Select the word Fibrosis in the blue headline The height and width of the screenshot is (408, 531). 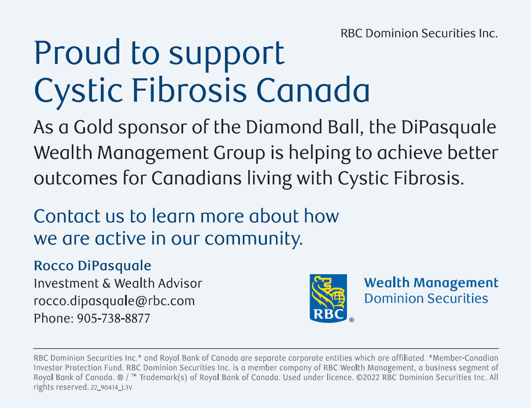pos(190,89)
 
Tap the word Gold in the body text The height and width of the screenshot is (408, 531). pos(93,127)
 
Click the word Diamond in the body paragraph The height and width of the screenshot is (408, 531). pos(284,127)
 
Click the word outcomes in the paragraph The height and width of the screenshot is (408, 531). pos(75,179)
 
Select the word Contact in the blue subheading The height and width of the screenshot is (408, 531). pos(67,216)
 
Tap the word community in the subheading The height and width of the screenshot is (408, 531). pos(254,239)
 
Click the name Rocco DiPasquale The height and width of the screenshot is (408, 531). pos(92,266)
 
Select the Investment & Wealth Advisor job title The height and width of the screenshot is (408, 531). pos(118,283)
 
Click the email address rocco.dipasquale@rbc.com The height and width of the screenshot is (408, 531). pos(114,301)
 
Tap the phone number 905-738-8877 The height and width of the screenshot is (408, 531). pos(114,318)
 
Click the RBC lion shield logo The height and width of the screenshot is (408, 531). pos(328,298)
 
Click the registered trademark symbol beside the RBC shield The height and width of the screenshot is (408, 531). pos(352,320)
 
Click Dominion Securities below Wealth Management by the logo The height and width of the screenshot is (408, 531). pos(426,298)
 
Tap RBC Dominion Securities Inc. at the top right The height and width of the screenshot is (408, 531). pos(419,33)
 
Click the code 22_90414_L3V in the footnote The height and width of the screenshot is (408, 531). pos(111,388)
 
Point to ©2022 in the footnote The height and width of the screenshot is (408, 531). pos(368,378)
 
